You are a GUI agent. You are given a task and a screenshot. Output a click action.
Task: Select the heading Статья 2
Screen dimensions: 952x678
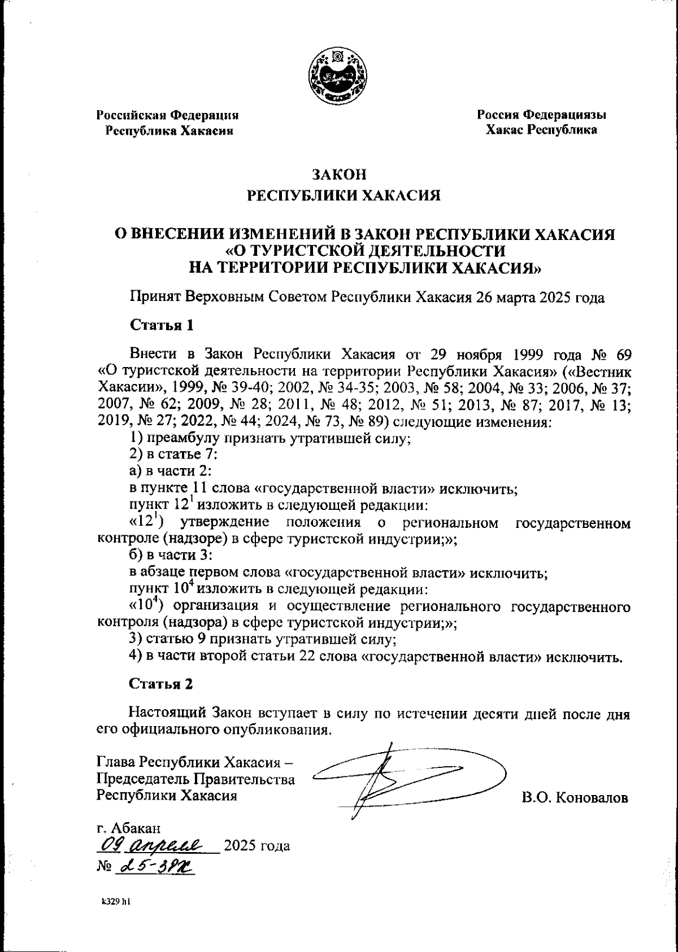[x=162, y=684]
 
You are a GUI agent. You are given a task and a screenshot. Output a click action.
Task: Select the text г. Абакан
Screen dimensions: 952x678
[x=129, y=828]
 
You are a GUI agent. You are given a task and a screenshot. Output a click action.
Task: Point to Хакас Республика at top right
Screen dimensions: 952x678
[x=542, y=130]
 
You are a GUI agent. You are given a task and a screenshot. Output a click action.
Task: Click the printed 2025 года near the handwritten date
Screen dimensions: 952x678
[x=257, y=846]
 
